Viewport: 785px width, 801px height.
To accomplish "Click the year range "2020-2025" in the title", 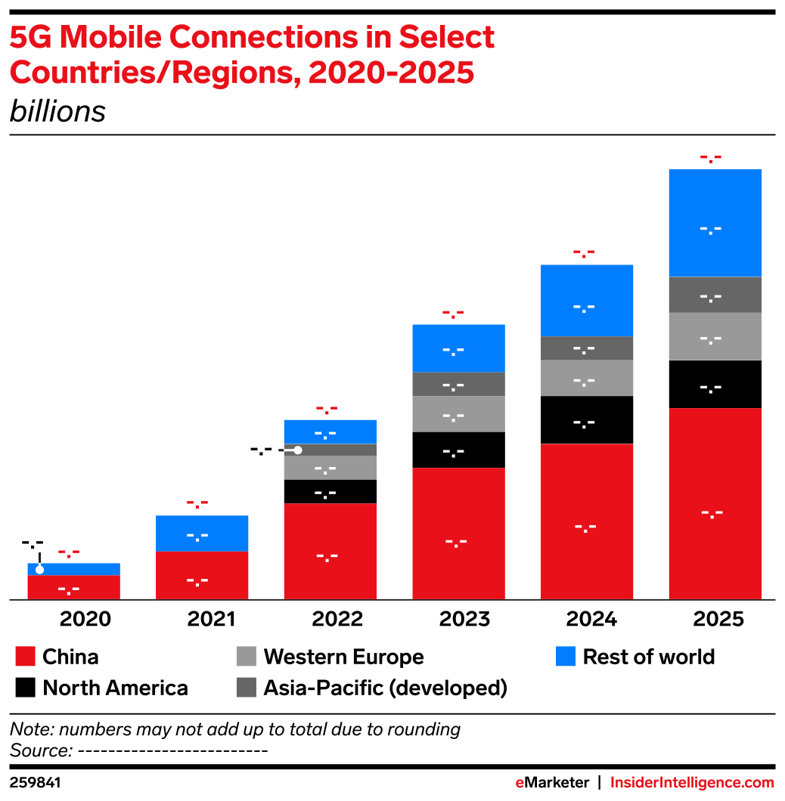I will point(391,73).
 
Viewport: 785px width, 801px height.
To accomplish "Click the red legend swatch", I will point(25,656).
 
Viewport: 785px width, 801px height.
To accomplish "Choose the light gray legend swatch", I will point(246,656).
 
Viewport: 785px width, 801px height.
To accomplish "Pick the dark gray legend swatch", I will point(246,687).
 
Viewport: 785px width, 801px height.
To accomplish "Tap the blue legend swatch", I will point(566,656).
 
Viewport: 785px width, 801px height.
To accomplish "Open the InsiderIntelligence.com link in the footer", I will point(692,783).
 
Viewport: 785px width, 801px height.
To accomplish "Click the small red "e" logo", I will point(520,783).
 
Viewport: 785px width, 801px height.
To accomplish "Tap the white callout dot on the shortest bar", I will point(39,570).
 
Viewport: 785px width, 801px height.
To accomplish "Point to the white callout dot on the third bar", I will point(298,450).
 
